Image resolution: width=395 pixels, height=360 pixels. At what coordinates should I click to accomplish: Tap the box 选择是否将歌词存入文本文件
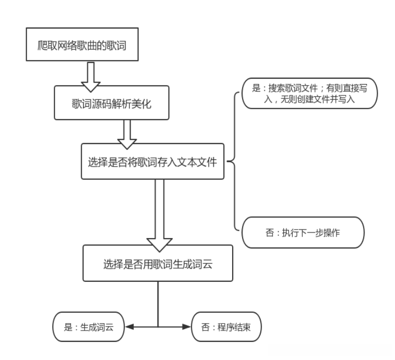point(152,161)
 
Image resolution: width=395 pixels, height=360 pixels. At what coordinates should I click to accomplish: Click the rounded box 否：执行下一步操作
point(303,231)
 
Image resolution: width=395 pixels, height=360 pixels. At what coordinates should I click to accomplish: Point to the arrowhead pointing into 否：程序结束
point(188,326)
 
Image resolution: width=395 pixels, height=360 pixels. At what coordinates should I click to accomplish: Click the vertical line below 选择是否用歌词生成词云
point(158,302)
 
